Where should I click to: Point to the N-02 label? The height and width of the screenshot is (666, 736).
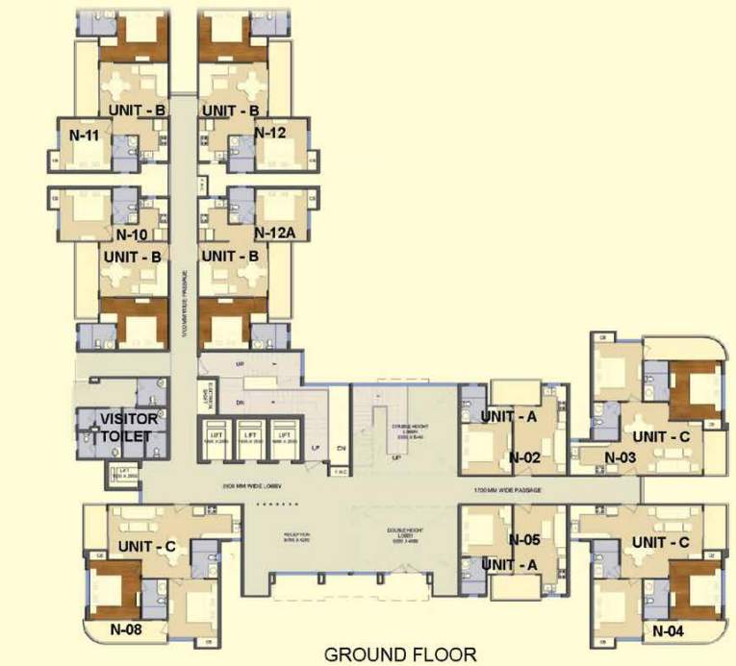pyautogui.click(x=526, y=457)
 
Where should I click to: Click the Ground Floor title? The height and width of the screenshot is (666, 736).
pyautogui.click(x=400, y=655)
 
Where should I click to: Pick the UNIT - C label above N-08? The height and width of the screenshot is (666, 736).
pyautogui.click(x=147, y=546)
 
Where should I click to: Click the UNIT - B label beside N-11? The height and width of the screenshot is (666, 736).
pyautogui.click(x=137, y=111)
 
